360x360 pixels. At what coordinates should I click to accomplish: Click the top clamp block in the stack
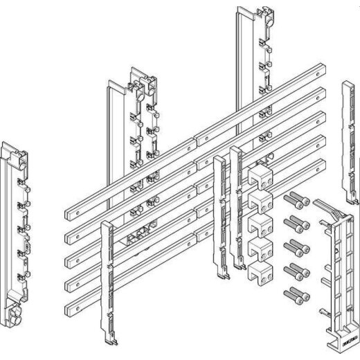click(x=258, y=176)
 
